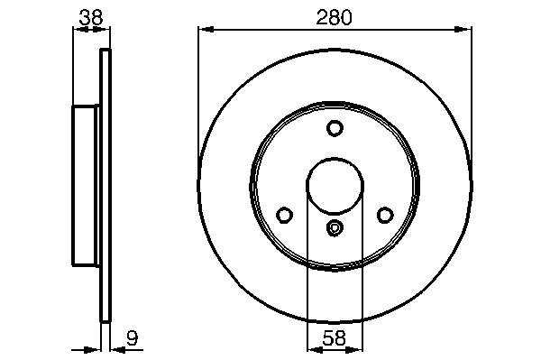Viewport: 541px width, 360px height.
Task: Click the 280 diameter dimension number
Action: click(334, 18)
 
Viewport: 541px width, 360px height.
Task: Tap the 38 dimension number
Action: click(91, 18)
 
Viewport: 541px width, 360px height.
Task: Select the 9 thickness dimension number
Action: click(132, 338)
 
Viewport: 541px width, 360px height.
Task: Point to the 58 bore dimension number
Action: click(334, 338)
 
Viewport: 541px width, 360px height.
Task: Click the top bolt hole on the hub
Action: click(335, 128)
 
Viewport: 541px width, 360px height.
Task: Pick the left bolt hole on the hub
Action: click(284, 215)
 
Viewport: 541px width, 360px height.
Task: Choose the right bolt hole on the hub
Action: click(385, 215)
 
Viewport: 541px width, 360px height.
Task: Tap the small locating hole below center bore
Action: click(335, 227)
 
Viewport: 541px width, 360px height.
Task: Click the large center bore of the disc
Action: click(335, 187)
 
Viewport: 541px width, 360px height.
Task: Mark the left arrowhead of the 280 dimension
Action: click(206, 30)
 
